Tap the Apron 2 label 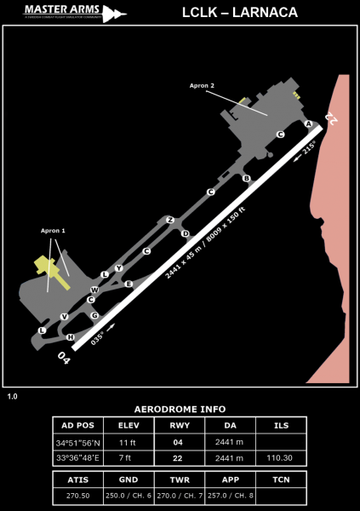(x=201, y=85)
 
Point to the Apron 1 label (x=53, y=231)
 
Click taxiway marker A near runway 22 (x=308, y=123)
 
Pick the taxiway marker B (x=246, y=178)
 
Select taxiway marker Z (x=170, y=220)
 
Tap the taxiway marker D (x=185, y=233)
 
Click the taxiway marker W (x=94, y=290)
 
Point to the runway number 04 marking (x=64, y=357)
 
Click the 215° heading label (x=307, y=148)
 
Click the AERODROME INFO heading (x=180, y=410)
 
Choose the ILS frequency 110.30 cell (x=281, y=457)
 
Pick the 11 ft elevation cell (x=129, y=443)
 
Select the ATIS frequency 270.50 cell (x=77, y=495)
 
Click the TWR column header (x=180, y=479)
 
